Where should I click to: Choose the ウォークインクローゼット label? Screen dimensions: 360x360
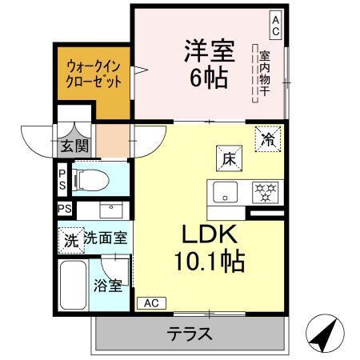[x=94, y=74]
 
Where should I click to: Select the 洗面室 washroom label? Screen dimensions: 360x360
[x=108, y=239]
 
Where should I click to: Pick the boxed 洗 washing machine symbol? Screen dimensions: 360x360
[x=70, y=239]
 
